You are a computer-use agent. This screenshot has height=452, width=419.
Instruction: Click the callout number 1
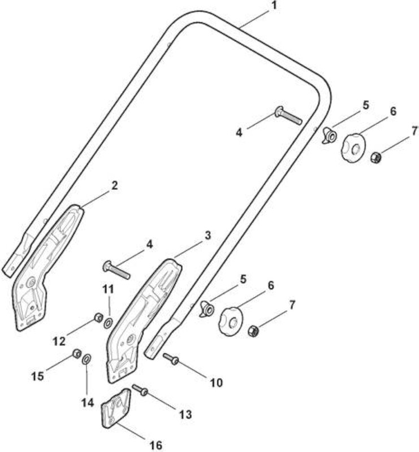click(274, 5)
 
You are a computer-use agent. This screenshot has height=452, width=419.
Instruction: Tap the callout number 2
click(115, 185)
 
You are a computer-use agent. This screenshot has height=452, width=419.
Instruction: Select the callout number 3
click(208, 235)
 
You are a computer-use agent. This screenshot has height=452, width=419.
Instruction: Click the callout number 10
click(216, 383)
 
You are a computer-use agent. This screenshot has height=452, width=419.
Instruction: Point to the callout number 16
click(156, 445)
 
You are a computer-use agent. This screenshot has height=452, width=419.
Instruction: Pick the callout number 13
click(185, 415)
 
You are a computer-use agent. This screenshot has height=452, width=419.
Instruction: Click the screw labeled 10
click(171, 359)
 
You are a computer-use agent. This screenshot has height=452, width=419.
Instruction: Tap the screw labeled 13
click(140, 390)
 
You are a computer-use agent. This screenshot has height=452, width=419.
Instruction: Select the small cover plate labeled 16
click(115, 408)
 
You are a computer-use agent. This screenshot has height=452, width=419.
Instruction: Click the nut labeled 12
click(99, 318)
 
